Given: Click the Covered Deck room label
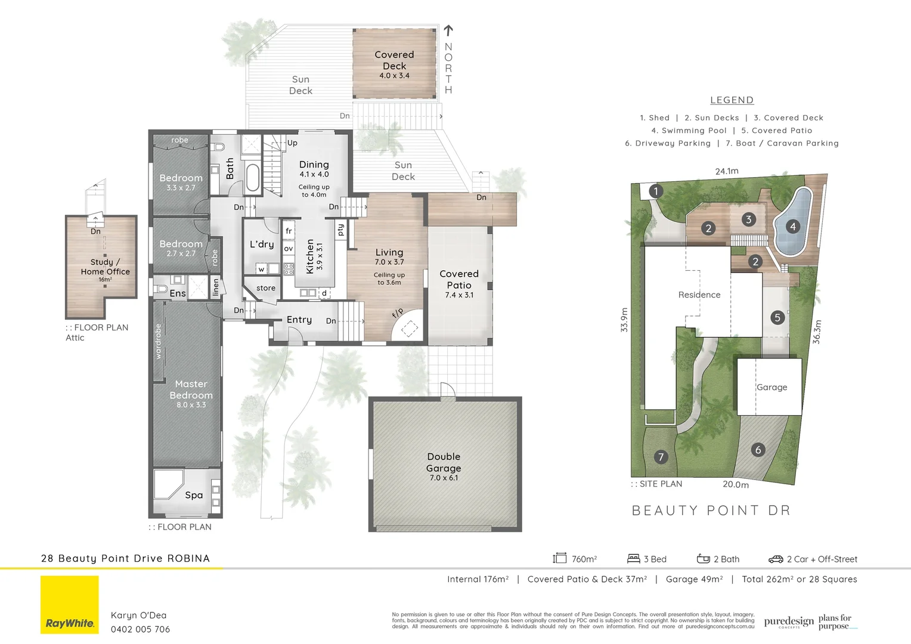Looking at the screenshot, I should click(394, 60).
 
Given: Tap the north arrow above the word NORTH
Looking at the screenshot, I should click(448, 30).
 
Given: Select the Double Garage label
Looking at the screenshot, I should click(444, 462).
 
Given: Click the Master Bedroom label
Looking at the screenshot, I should click(191, 389).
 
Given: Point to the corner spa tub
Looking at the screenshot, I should click(169, 484).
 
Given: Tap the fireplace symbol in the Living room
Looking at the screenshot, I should click(409, 328).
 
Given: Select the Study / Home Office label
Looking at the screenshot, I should click(106, 267).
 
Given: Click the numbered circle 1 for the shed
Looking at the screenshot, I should click(656, 191).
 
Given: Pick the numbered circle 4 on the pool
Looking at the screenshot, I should click(792, 227).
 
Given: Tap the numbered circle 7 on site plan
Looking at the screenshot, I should click(660, 457).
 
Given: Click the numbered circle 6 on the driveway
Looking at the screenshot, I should click(758, 450).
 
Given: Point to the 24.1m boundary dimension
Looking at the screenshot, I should click(727, 171).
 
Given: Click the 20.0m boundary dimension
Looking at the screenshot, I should click(736, 485).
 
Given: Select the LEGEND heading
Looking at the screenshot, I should click(732, 100).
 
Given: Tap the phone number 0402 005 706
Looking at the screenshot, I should click(140, 629).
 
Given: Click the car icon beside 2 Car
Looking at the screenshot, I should click(776, 559).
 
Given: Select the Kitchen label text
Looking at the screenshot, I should click(310, 256).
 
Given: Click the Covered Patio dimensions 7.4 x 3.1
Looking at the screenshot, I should click(459, 295).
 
